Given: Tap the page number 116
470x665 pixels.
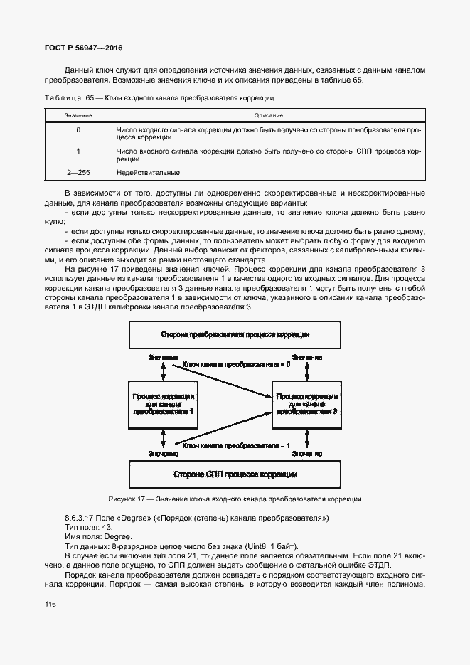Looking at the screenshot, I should pyautogui.click(x=50, y=604).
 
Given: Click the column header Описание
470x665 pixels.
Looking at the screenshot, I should pyautogui.click(x=267, y=115).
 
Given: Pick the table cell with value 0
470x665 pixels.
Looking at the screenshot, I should pyautogui.click(x=78, y=130).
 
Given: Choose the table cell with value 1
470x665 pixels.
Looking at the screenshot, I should pyautogui.click(x=78, y=151).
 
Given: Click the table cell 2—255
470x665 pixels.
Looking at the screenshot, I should pyautogui.click(x=78, y=173).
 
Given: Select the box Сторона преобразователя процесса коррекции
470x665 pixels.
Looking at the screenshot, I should pyautogui.click(x=235, y=334).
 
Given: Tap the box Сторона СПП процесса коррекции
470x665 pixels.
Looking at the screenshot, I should pyautogui.click(x=235, y=473).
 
